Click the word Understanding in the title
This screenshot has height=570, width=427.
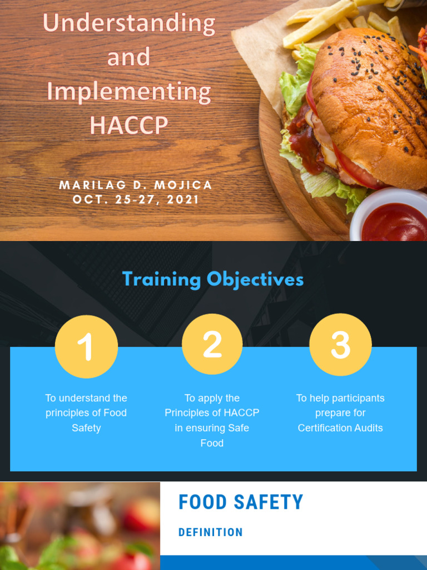coord(128,24)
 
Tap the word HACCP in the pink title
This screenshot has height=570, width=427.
coord(128,125)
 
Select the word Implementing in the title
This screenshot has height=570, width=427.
coord(128,91)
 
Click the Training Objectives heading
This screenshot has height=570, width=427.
coord(213,279)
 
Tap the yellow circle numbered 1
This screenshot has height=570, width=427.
coord(86,346)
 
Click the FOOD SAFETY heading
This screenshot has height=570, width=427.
coord(241,502)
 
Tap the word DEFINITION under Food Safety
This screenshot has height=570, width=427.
coord(210,533)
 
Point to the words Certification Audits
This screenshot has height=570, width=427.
coord(340,428)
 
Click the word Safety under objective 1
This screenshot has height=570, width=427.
coord(86,428)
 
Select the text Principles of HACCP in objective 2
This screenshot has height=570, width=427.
coord(212,413)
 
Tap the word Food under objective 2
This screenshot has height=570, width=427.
coord(212,443)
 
